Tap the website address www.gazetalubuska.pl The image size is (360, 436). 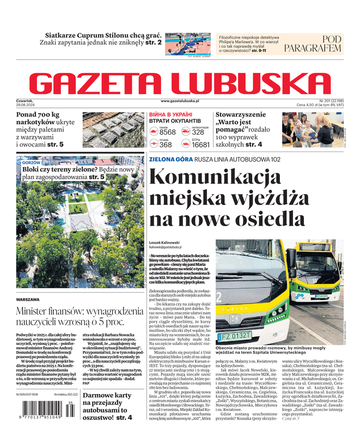click(x=180, y=101)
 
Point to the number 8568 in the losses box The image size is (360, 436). click(x=167, y=132)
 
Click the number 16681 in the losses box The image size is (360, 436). click(x=200, y=145)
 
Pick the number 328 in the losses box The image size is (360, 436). click(x=198, y=132)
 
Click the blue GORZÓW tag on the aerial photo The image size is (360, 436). click(x=31, y=163)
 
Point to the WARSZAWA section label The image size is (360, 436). click(x=28, y=300)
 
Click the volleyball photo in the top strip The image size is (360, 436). click(x=187, y=44)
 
